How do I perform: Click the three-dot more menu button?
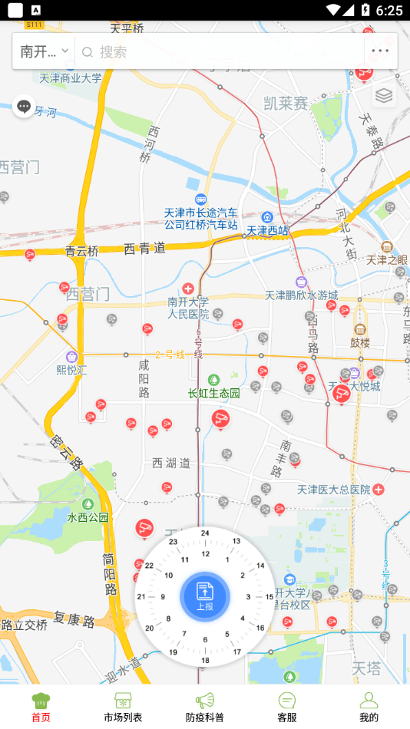pyautogui.click(x=380, y=51)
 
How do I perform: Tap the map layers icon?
pyautogui.click(x=384, y=95)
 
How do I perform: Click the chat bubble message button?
pyautogui.click(x=24, y=107)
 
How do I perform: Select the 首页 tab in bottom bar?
pyautogui.click(x=41, y=707)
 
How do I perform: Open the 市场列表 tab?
pyautogui.click(x=123, y=707)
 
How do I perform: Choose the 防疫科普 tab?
pyautogui.click(x=205, y=707)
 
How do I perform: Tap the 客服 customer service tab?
pyautogui.click(x=287, y=707)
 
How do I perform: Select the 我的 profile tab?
pyautogui.click(x=369, y=707)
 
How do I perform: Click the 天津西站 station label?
pyautogui.click(x=267, y=229)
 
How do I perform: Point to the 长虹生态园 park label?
pyautogui.click(x=214, y=392)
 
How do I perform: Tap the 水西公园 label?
pyautogui.click(x=88, y=516)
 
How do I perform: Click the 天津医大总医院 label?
pyautogui.click(x=334, y=489)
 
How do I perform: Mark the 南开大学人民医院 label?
pyautogui.click(x=188, y=307)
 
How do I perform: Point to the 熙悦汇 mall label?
pyautogui.click(x=72, y=368)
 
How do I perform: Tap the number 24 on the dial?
pyautogui.click(x=205, y=533)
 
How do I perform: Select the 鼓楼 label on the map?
pyautogui.click(x=360, y=341)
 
